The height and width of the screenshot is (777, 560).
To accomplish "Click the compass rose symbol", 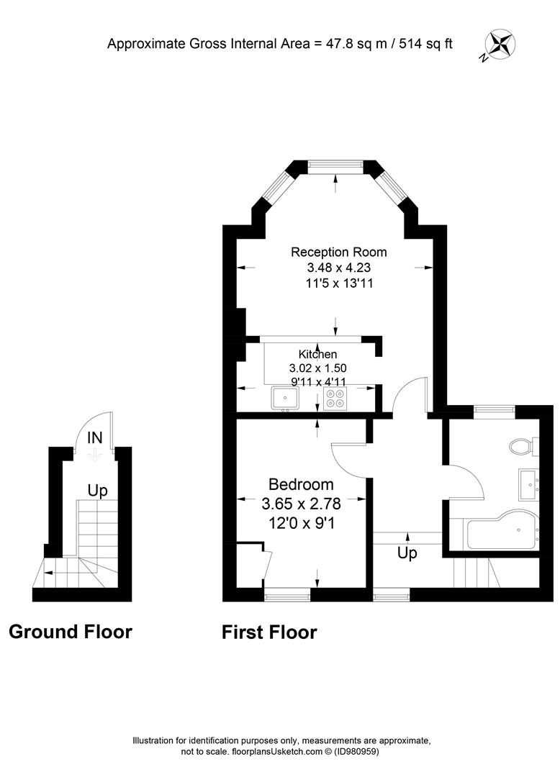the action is tap(500, 44).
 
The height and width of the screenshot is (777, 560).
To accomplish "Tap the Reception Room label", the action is tap(338, 252).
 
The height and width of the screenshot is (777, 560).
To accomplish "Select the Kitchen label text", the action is tap(317, 354).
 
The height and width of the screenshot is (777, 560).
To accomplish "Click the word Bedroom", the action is tap(301, 484).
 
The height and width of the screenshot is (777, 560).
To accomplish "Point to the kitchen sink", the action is tap(284, 399).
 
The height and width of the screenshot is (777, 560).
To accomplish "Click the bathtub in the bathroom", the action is tap(503, 530).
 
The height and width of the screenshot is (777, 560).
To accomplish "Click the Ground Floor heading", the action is tap(71, 632).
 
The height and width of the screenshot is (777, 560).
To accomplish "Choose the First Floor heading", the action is tap(269, 632).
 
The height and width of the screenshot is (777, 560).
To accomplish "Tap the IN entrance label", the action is tap(95, 437).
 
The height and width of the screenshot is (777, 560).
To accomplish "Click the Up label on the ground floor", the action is tap(98, 491).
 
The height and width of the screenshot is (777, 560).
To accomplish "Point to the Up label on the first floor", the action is tap(407, 553).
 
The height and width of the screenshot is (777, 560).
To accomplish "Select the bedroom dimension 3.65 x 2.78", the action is tap(302, 504).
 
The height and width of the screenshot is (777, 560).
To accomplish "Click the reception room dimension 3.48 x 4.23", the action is tap(339, 268).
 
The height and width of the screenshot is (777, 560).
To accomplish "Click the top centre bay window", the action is tap(336, 167).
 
